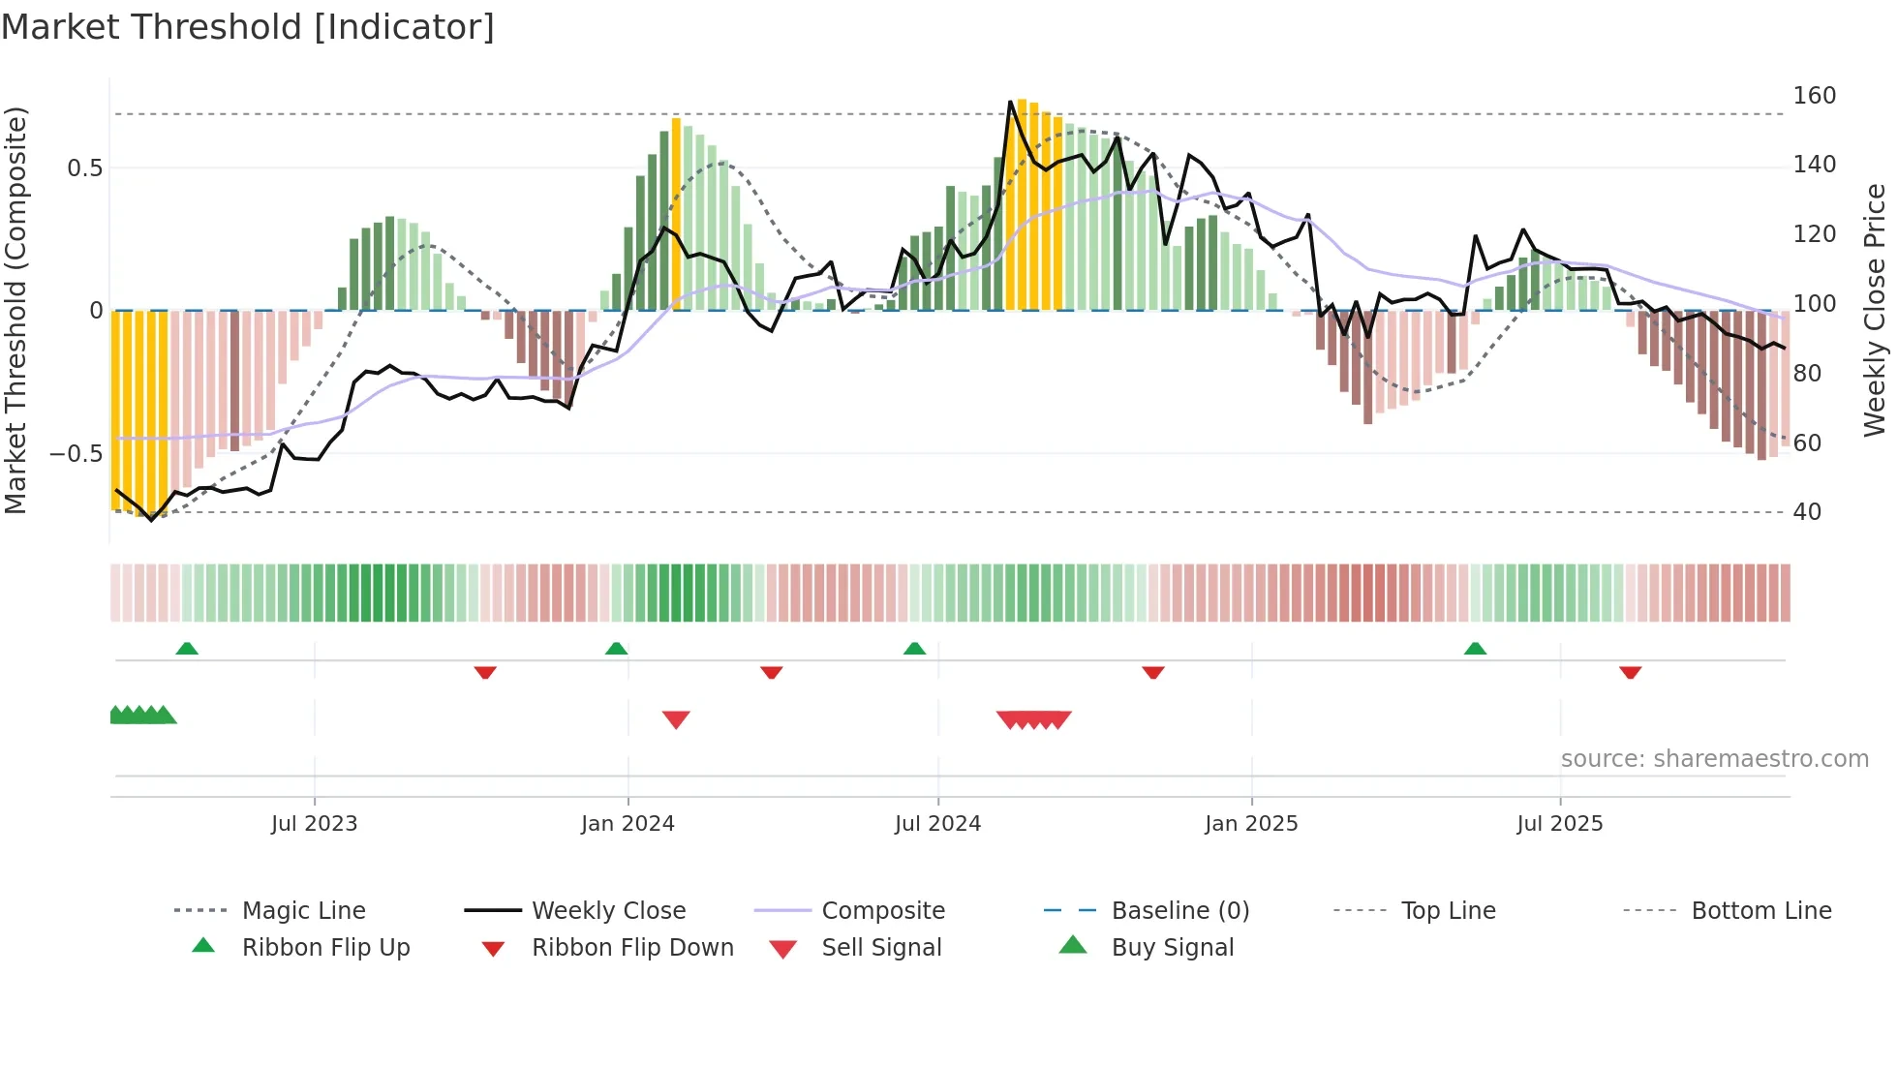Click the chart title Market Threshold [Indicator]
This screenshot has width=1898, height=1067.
248,27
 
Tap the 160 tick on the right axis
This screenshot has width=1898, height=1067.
1814,96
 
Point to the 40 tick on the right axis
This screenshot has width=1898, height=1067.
1807,512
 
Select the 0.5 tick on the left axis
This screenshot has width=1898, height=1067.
85,168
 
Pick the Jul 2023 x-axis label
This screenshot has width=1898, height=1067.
314,824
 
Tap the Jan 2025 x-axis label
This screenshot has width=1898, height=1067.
1251,824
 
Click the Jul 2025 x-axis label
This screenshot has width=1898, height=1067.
1559,824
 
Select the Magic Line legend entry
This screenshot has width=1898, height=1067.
303,911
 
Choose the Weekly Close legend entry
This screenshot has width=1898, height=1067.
608,911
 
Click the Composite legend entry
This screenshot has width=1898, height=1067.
882,911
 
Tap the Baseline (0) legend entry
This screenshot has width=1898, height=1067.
1179,911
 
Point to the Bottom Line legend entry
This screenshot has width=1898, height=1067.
1760,911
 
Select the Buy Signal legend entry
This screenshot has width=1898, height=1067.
1172,948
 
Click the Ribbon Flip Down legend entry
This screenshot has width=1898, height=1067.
632,948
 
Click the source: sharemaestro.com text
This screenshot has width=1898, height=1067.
1714,759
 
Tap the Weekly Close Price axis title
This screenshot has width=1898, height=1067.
1875,310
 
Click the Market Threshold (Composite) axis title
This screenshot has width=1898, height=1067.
15,310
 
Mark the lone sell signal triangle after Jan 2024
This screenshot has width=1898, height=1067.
676,719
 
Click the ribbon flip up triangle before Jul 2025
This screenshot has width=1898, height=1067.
1475,649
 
